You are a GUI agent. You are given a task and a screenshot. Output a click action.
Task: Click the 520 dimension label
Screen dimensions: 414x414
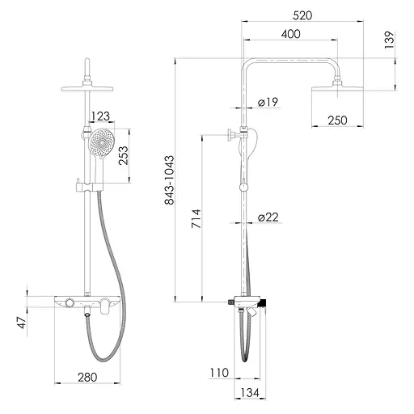click(302, 15)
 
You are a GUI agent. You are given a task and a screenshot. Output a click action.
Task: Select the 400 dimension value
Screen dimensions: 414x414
click(290, 34)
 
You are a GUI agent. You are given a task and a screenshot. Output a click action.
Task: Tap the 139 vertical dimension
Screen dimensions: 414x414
click(389, 40)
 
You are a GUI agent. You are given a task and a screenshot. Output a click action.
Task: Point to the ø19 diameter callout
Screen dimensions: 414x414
click(268, 102)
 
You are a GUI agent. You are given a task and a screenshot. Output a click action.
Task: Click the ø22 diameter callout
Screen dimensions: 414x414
click(268, 218)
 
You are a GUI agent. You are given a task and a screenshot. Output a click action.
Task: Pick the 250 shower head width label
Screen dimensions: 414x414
click(337, 120)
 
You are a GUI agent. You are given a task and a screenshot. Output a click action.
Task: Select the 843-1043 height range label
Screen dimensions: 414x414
click(170, 180)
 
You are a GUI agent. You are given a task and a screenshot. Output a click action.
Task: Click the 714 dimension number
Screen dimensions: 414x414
click(196, 218)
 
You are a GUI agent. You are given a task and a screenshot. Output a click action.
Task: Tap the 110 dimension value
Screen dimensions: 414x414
click(219, 373)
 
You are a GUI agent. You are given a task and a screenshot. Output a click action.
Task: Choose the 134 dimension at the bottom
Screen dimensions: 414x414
click(250, 393)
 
